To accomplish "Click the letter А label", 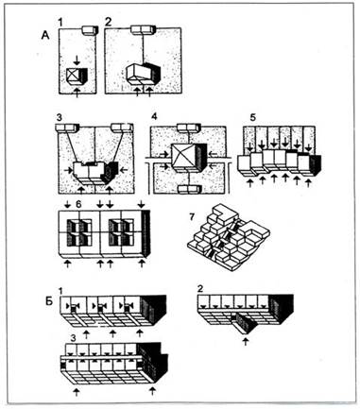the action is pos(45,36).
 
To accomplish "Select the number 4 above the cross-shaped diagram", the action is pos(154,117).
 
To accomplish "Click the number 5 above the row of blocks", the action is pos(254,117).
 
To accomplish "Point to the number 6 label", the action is pos(78,205).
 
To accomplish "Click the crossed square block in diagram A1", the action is pos(73,76).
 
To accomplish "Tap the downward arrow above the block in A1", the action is pos(76,60).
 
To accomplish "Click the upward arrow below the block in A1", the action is pos(77,93).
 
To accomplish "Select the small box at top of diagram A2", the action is pos(144,30).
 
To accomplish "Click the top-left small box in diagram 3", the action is pos(67,128).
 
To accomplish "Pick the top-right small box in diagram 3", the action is pos(122,128).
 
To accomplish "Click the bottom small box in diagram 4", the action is pos(189,189).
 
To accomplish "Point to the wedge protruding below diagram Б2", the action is pos(242,323).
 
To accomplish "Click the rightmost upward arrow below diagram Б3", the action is pos(153,391).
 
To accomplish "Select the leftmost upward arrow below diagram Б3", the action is pos(76,391).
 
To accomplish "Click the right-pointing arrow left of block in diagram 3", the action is pos(68,170).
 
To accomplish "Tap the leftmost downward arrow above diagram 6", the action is pos(68,205).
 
